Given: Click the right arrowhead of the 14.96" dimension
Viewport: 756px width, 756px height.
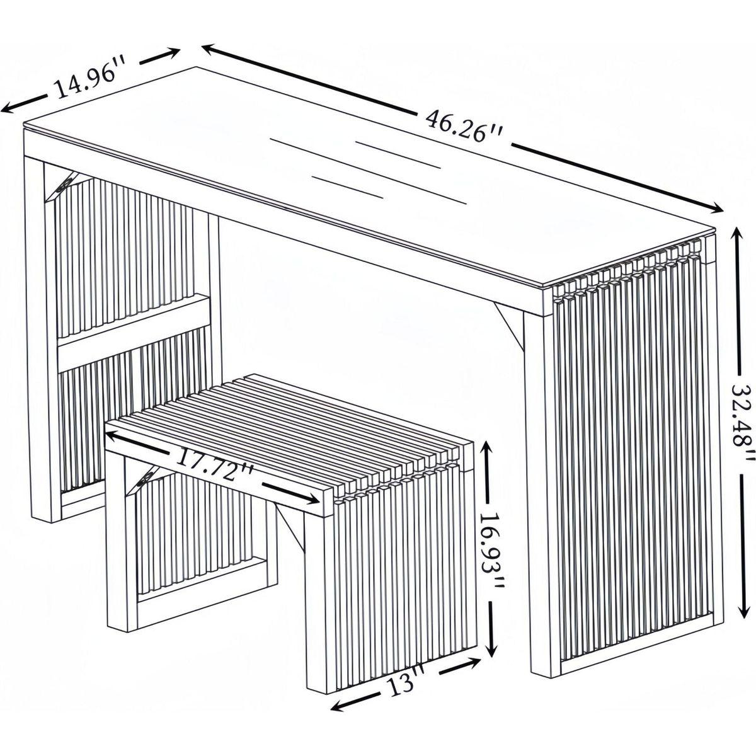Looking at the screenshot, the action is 173,52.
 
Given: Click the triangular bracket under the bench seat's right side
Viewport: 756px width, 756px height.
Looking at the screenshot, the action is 290,527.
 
